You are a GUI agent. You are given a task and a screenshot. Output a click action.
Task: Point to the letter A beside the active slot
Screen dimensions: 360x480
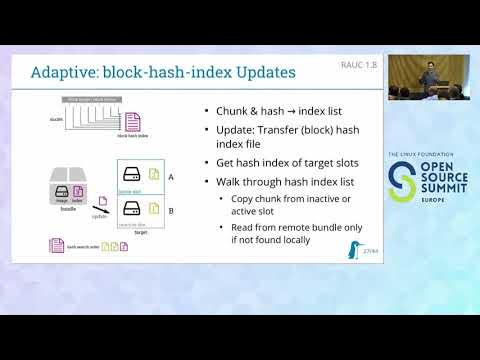coord(172,176)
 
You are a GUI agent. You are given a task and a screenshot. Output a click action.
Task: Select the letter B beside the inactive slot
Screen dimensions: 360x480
coord(172,211)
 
